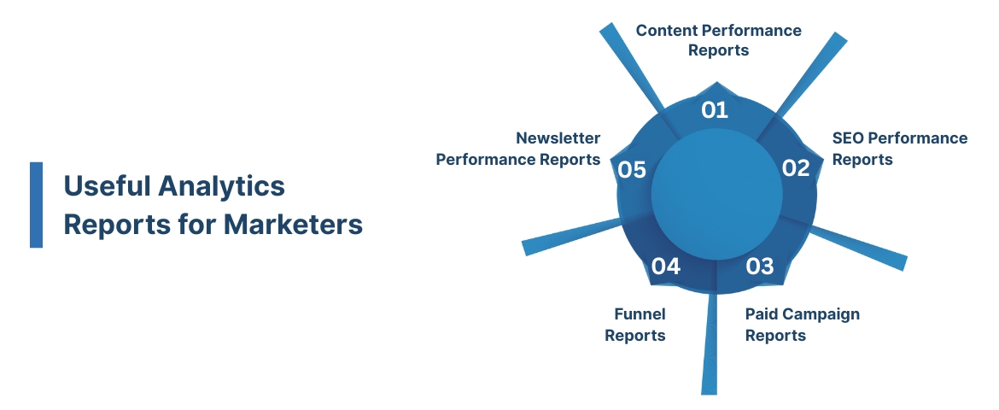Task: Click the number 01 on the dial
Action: pos(715,110)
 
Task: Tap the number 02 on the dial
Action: pos(795,168)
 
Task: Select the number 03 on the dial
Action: pos(759,266)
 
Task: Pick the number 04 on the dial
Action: pos(666,267)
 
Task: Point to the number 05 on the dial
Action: pos(632,170)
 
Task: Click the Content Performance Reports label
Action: pos(718,40)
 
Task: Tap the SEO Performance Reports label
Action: pos(899,149)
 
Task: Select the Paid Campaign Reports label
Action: pos(802,325)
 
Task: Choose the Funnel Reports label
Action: pos(636,325)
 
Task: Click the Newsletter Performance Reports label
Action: pos(518,149)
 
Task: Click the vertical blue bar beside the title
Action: pos(36,205)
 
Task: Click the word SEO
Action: pos(848,138)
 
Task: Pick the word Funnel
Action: pos(640,314)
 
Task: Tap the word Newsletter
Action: pos(558,138)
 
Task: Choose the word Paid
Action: pos(762,314)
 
